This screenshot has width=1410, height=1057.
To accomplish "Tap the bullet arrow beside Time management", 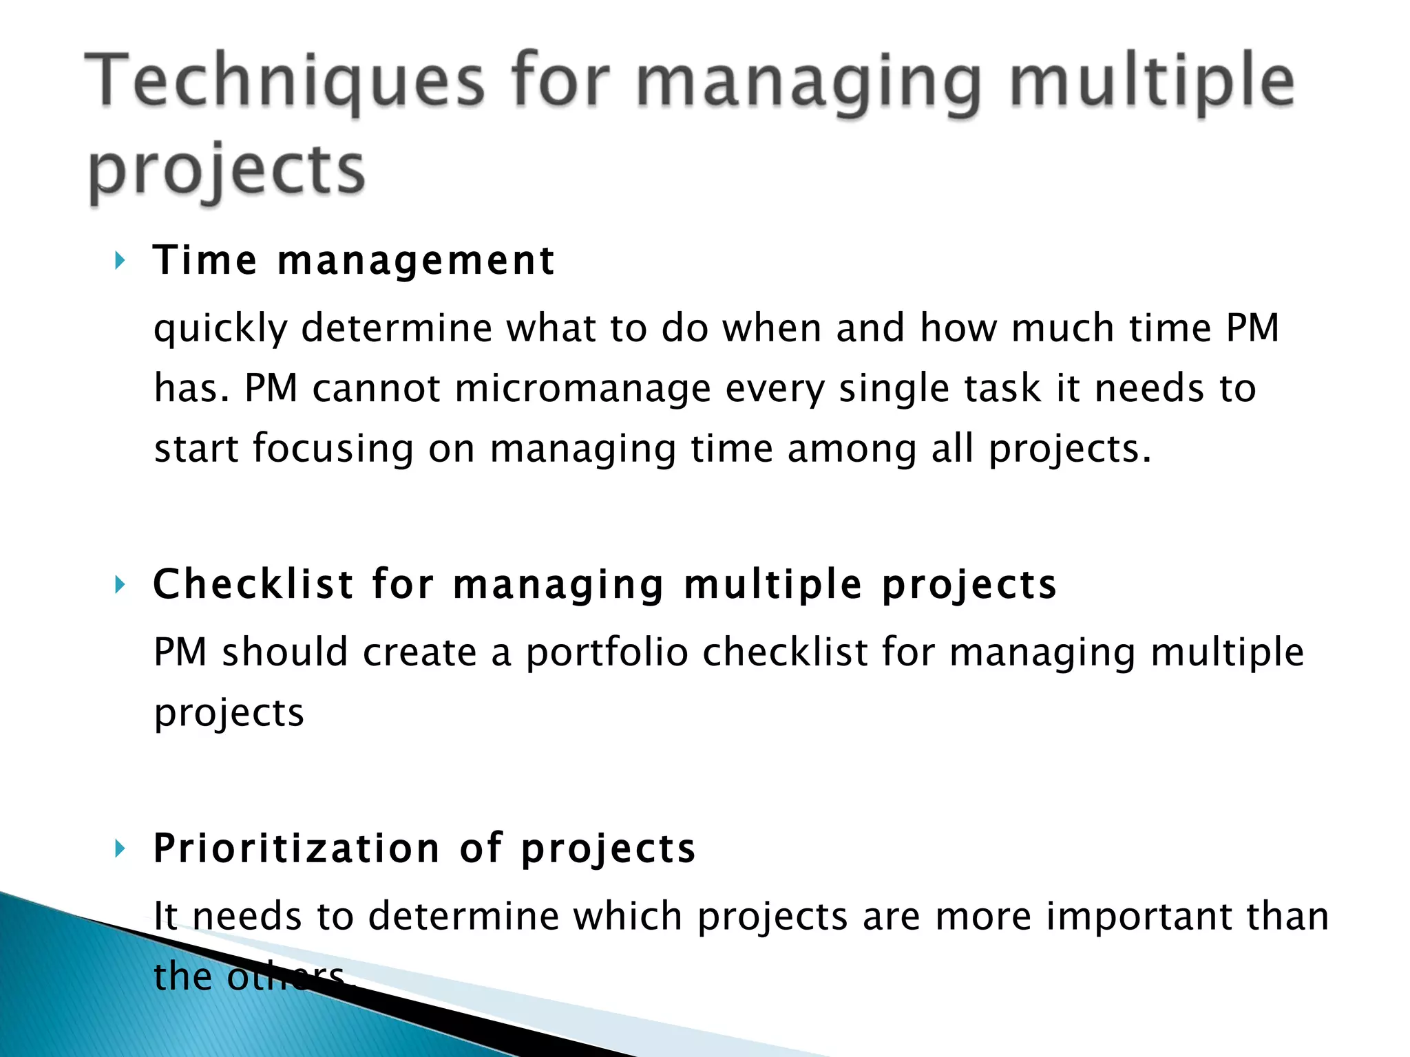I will [120, 261].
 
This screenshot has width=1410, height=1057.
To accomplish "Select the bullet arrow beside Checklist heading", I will [120, 585].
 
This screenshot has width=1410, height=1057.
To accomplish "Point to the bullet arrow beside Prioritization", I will [120, 848].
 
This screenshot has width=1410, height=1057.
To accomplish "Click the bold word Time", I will [205, 261].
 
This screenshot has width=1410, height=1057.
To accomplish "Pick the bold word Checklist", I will [253, 585].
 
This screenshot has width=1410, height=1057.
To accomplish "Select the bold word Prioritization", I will [296, 848].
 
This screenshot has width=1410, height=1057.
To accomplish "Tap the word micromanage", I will [582, 389].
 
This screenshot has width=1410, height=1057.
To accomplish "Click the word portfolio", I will [607, 652].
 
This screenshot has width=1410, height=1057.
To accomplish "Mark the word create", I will [419, 652].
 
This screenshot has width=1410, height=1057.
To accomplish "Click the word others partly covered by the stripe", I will [286, 976].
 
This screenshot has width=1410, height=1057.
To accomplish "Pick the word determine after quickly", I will [396, 328].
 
